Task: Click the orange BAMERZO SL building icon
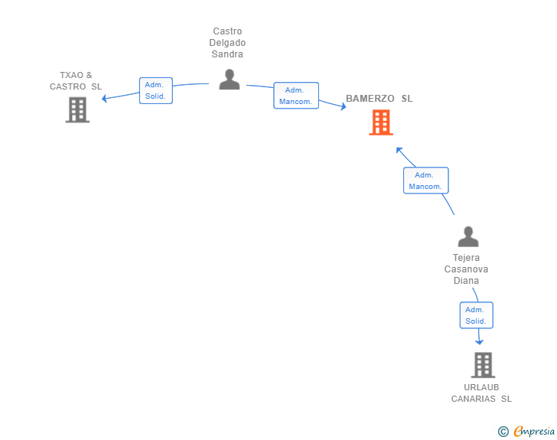coord(380,122)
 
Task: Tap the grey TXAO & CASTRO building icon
coord(77,110)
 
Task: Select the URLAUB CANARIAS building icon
coord(483,365)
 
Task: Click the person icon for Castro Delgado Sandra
coord(229,80)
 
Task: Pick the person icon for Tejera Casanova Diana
coord(467,236)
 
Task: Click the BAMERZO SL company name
coord(379,99)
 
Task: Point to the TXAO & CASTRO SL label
coord(76,81)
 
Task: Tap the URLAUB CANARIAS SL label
coord(481,393)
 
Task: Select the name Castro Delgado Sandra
coord(228,43)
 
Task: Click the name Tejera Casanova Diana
coord(466,269)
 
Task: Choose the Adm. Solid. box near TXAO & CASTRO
coord(155,90)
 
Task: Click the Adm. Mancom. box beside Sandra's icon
coord(295,96)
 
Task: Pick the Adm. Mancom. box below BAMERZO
coord(425,181)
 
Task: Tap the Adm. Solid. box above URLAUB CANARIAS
coord(476,315)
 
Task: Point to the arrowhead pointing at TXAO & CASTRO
coord(106,97)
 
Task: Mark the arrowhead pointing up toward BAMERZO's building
coord(399,150)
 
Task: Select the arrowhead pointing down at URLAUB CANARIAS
coord(480,341)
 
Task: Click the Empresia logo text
coord(534,432)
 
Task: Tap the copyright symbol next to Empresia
coord(503,432)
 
